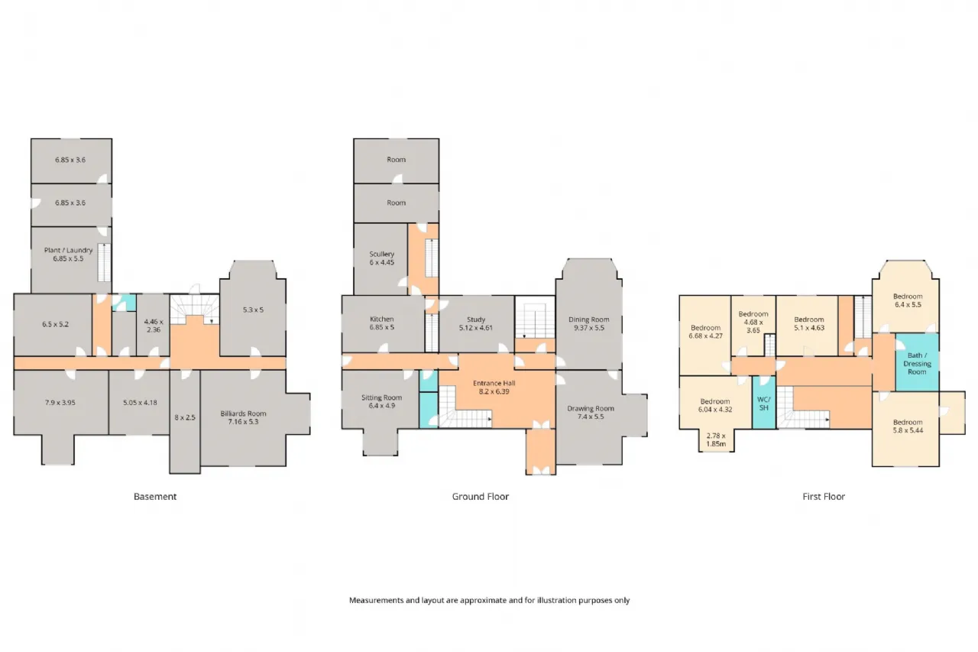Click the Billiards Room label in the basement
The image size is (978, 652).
[243, 417]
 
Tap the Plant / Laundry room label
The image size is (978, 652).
[68, 255]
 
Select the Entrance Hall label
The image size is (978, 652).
[494, 388]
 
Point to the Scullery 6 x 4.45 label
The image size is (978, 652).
[381, 258]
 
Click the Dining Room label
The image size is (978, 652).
[588, 323]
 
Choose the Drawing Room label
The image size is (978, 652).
[591, 413]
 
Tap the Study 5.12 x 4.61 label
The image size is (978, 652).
[475, 323]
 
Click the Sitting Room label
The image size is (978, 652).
[381, 401]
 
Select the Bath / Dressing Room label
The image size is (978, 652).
[917, 364]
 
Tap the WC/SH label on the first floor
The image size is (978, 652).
[763, 404]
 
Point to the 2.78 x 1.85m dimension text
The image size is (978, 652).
[716, 440]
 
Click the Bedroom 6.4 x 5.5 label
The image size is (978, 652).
[908, 300]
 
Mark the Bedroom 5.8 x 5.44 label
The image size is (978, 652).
[908, 427]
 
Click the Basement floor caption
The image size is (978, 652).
[155, 497]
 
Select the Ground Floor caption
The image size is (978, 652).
[481, 497]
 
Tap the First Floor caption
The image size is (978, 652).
[824, 497]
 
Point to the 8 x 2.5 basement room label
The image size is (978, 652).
[185, 417]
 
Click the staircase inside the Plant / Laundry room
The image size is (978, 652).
[104, 262]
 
